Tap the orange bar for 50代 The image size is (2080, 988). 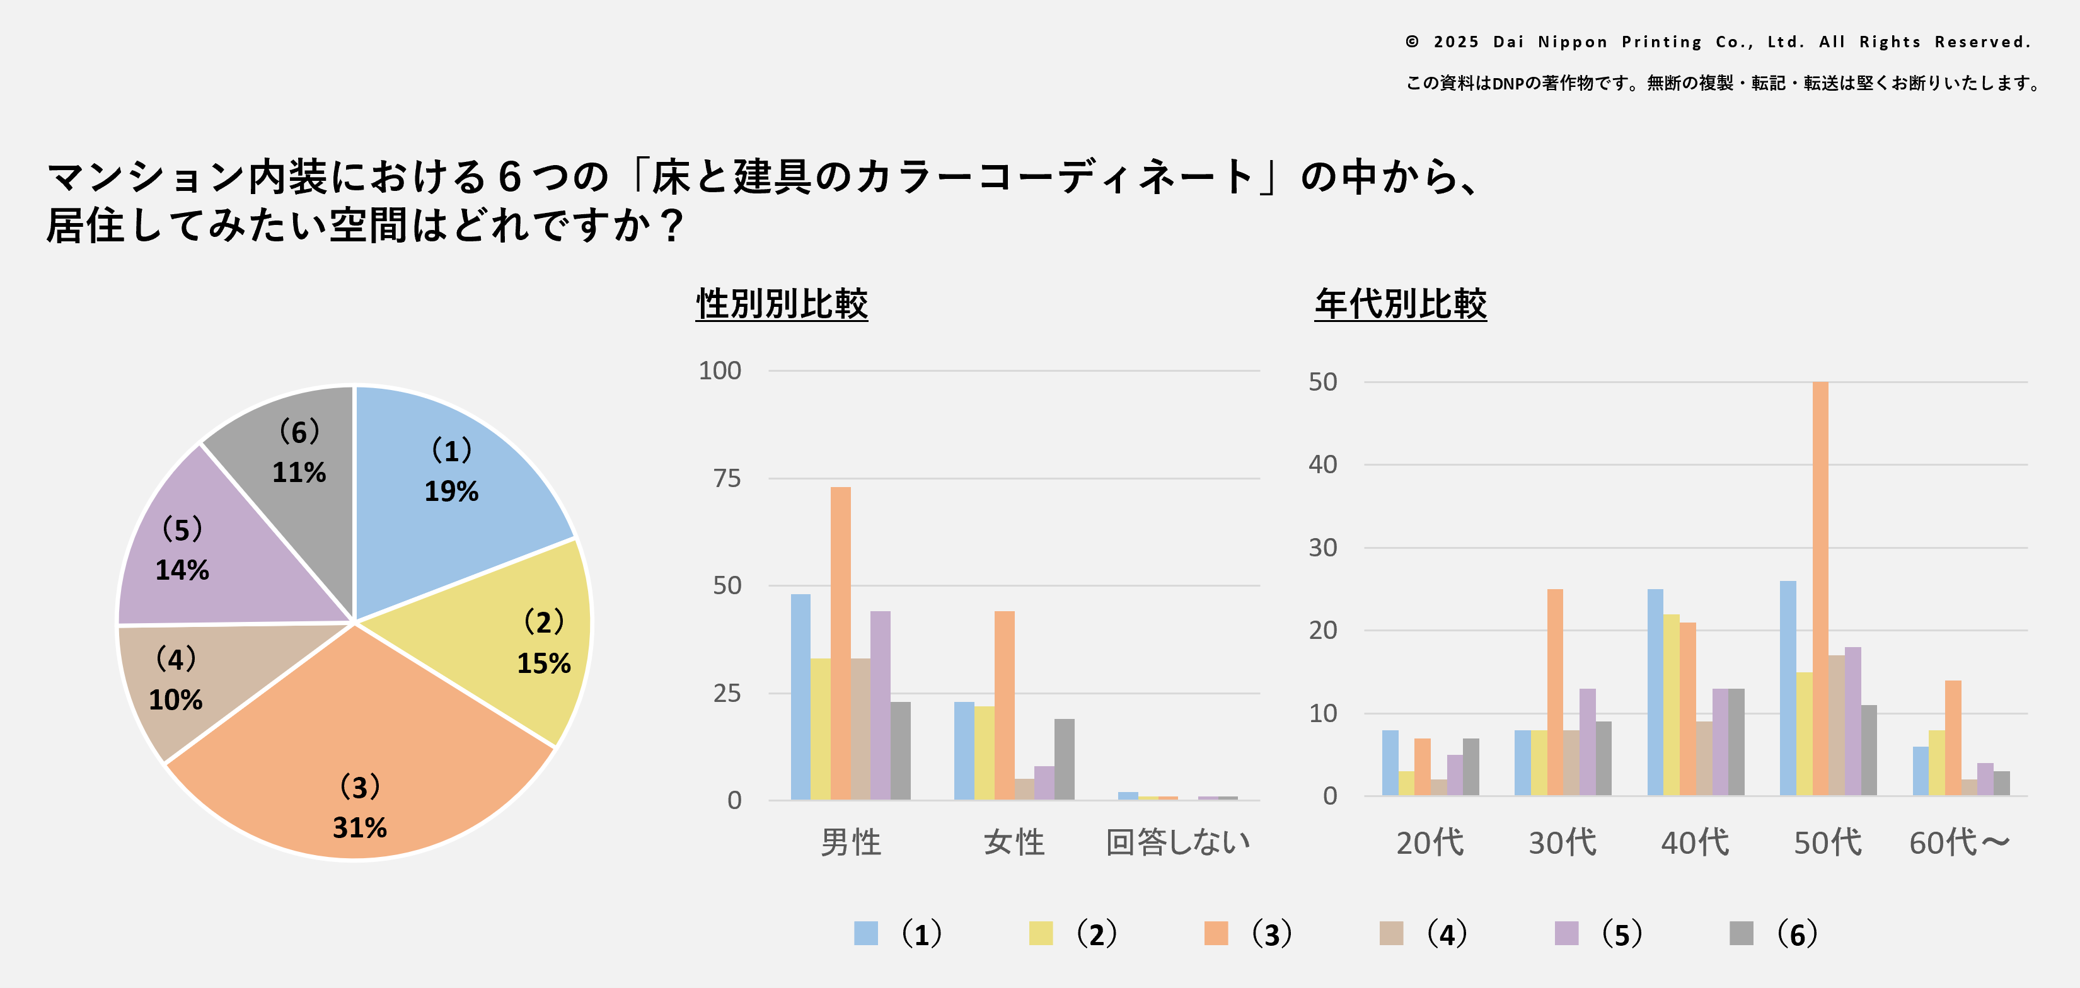coord(1820,589)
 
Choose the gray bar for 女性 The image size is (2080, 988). coord(1064,759)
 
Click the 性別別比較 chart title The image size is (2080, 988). coord(782,304)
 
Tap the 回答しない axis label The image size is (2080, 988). coord(1178,842)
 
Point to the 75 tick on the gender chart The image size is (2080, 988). coord(727,479)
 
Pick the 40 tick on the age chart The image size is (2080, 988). coord(1322,465)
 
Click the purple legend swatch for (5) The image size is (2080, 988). coord(1566,933)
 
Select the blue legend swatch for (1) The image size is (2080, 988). coord(865,933)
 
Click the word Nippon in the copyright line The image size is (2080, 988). coord(1572,42)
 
